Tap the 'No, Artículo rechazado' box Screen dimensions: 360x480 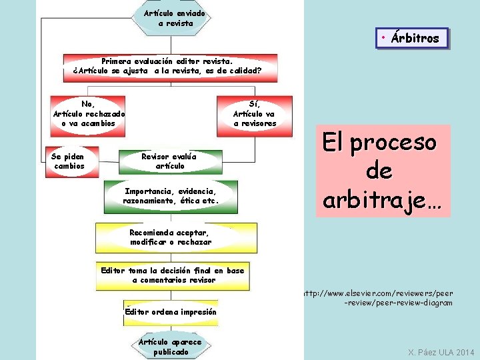coord(88,113)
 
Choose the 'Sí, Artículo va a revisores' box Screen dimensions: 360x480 coord(254,113)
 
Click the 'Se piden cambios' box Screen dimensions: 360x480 coord(69,161)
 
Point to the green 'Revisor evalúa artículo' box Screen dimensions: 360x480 coord(169,161)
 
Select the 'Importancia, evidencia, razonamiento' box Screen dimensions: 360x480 coord(171,195)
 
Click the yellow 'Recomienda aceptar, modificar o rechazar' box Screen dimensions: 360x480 coord(171,237)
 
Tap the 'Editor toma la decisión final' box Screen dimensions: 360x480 coord(172,275)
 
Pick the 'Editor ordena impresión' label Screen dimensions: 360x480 coord(171,311)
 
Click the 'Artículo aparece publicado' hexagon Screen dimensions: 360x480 coord(170,347)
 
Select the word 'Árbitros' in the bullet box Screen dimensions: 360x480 coord(415,38)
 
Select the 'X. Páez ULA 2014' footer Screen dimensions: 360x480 coord(441,352)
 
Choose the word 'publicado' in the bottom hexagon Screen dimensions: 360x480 coord(171,351)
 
